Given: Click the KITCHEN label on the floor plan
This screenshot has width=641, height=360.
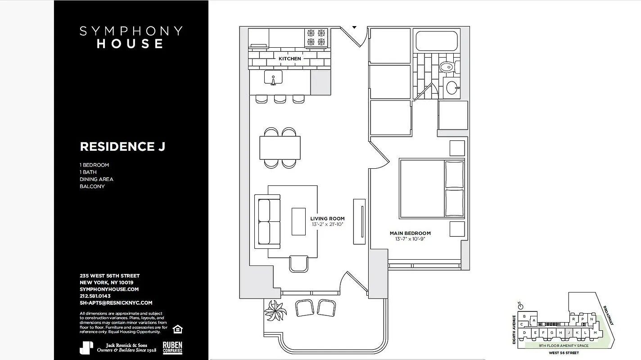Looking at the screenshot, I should coord(289,59).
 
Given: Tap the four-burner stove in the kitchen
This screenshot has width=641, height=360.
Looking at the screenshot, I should coord(316,37).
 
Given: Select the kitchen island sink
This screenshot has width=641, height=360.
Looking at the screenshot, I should coord(273,78).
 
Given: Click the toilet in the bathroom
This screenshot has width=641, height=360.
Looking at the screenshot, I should coord(447,67).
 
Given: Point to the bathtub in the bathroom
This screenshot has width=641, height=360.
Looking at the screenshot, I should coord(437,40).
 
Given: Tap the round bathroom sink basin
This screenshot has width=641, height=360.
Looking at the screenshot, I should coord(451,88).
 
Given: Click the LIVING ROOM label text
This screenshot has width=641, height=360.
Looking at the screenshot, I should coord(327,219).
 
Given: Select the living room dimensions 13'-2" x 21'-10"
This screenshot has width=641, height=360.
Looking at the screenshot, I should coord(327,224).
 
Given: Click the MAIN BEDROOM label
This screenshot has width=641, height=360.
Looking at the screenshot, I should coord(410,233).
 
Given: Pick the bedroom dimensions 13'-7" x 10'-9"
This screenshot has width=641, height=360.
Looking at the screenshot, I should coord(410,239).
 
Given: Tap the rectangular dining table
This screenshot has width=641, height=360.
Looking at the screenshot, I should coord(280,148).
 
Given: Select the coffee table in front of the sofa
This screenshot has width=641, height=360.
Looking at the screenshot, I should coord(298,221).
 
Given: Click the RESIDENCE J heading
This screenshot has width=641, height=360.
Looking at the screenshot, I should coord(122,147).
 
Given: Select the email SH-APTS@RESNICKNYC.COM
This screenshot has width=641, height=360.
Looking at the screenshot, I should coord(116,303).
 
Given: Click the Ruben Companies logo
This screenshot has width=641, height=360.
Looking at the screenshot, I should coord(172,347).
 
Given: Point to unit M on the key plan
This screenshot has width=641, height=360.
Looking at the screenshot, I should coord(595,333).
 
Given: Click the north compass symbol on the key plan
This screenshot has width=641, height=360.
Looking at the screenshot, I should coord(521,306).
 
